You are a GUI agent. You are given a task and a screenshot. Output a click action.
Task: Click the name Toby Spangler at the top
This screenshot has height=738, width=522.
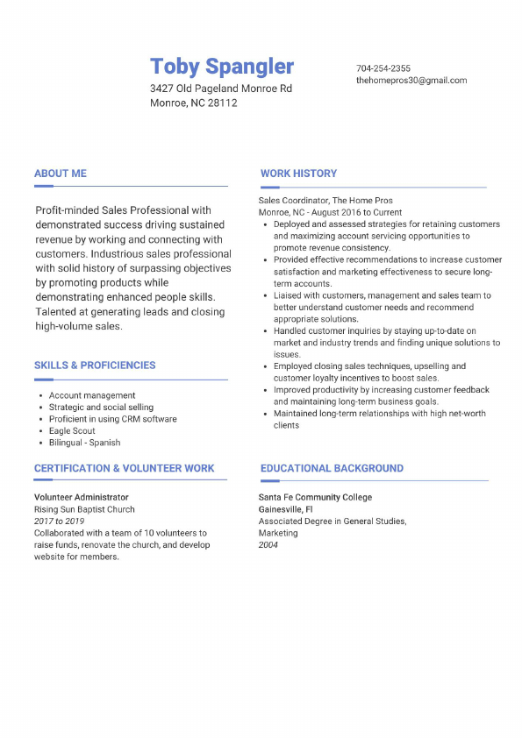(x=222, y=67)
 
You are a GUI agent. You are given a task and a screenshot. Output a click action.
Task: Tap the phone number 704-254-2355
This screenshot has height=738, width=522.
(x=383, y=68)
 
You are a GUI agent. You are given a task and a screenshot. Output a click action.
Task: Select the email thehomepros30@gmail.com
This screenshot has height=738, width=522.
(x=411, y=81)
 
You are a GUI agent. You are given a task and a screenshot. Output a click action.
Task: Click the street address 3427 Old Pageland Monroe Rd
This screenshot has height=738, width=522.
(x=221, y=89)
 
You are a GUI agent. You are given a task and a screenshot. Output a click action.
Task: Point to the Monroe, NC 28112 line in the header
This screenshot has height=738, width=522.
(x=194, y=103)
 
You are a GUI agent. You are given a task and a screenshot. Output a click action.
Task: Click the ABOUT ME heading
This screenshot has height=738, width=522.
(x=61, y=174)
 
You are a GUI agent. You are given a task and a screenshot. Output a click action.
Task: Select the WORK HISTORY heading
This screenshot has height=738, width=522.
(x=298, y=174)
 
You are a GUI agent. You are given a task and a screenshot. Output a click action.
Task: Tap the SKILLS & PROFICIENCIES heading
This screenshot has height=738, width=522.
(x=95, y=365)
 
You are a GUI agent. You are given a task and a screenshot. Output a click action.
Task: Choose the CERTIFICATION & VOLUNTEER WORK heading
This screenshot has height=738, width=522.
(x=125, y=469)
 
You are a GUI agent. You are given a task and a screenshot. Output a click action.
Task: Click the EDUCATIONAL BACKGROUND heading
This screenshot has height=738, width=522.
(x=332, y=469)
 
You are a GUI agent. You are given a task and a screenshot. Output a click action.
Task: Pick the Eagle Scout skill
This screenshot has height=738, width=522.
(x=73, y=431)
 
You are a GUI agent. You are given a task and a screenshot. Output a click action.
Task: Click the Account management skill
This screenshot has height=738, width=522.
(x=92, y=395)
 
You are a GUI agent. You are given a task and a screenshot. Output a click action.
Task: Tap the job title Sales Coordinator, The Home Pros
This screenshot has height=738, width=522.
(x=325, y=201)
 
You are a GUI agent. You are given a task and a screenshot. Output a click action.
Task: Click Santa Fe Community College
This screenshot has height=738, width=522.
(x=315, y=497)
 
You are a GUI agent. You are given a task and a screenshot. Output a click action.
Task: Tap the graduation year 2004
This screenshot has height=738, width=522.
(x=268, y=544)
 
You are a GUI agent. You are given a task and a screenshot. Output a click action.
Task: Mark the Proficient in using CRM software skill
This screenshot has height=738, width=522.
(x=113, y=419)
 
